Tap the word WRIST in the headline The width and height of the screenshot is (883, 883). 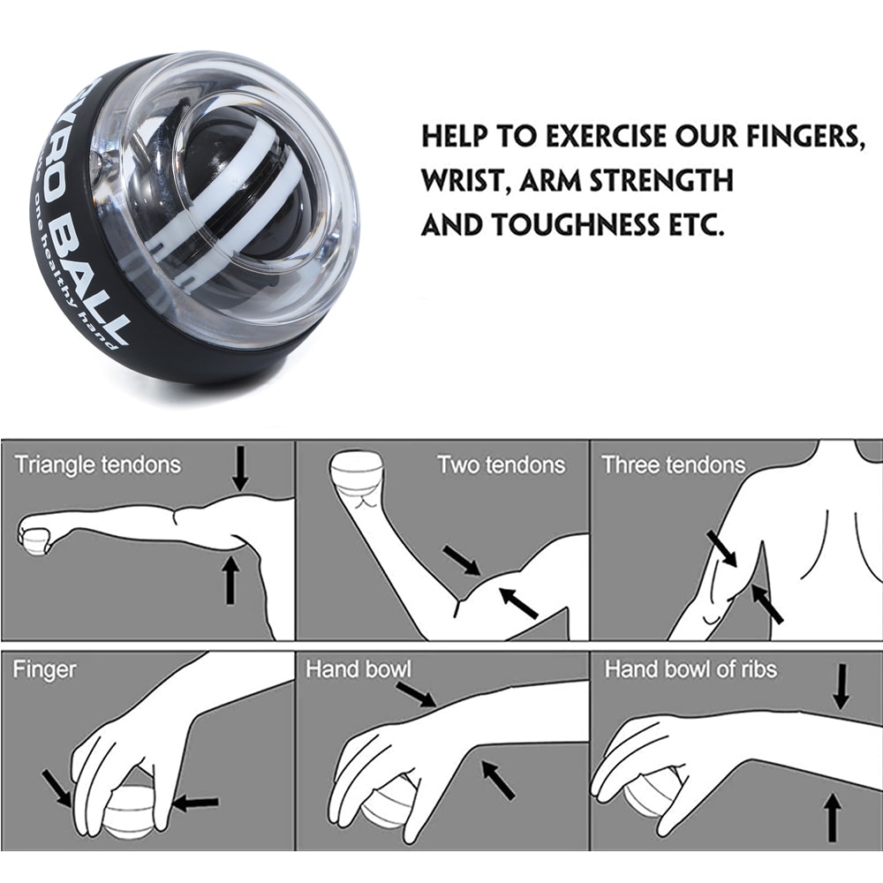point(464,181)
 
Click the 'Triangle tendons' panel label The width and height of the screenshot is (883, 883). point(97,464)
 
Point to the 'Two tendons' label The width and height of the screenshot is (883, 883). point(501,464)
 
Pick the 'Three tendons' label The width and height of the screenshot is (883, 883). point(673,464)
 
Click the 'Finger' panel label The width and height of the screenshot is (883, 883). point(44,669)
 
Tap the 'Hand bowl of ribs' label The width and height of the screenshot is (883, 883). point(690,669)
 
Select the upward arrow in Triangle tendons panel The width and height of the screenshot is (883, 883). point(230,579)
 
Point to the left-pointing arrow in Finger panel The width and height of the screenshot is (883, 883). point(195,803)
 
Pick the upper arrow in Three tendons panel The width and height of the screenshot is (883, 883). point(721,547)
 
